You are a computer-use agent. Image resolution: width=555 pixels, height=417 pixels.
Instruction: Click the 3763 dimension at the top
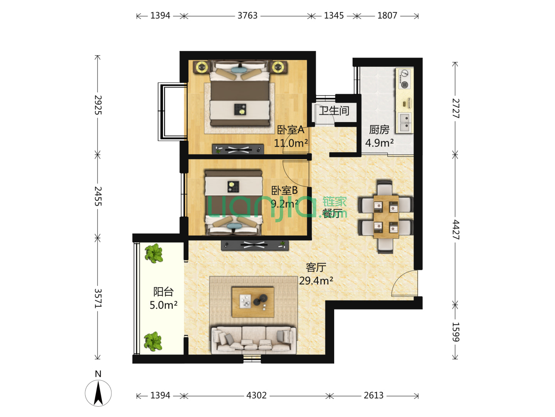[247, 16]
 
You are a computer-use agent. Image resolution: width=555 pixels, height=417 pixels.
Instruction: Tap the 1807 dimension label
[387, 16]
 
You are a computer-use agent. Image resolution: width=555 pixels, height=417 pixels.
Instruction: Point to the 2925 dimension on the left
[98, 105]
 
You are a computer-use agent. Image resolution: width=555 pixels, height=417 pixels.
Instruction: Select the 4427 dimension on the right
[456, 229]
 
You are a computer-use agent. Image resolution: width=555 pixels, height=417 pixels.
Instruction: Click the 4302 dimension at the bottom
[256, 395]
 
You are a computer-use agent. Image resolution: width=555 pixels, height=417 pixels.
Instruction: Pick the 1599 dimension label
[456, 332]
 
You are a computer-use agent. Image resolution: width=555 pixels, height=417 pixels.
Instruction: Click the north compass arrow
[98, 393]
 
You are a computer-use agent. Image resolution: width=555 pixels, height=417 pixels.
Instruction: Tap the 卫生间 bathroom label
[334, 111]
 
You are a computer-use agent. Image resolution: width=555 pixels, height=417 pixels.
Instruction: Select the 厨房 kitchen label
[379, 130]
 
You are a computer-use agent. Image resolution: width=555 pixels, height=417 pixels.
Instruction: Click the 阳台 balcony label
[163, 292]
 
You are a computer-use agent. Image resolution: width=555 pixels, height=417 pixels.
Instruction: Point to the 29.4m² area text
[316, 281]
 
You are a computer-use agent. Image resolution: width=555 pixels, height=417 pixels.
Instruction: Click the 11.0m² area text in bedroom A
[291, 143]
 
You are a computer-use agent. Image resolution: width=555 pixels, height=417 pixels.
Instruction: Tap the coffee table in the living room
[253, 302]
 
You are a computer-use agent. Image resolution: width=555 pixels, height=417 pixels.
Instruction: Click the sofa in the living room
[254, 340]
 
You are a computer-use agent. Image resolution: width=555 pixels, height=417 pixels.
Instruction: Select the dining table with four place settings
[386, 217]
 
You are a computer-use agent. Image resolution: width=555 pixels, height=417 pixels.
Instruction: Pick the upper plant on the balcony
[153, 253]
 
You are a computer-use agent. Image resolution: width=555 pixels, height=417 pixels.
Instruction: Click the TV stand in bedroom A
[238, 149]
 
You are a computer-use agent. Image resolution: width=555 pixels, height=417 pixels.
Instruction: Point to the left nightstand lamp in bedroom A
[202, 67]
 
